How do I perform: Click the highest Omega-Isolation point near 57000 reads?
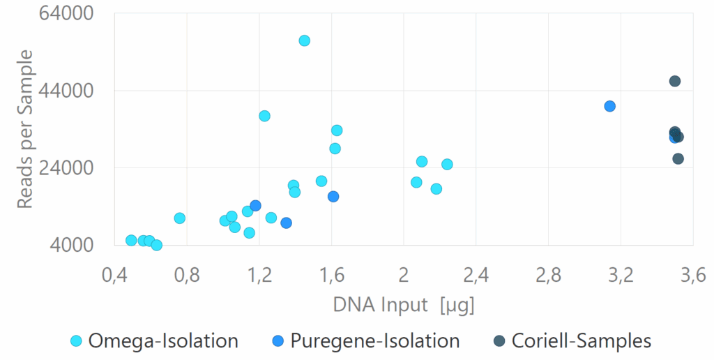[x=304, y=40]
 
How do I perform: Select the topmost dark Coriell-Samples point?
[x=675, y=81]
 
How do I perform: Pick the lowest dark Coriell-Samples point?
[x=678, y=159]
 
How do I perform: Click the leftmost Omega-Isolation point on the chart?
[x=131, y=241]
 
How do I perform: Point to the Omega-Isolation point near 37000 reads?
[x=264, y=116]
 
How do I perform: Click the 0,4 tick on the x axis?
[x=114, y=275]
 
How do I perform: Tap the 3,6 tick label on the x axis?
[x=692, y=275]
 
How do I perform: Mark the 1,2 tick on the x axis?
[x=259, y=275]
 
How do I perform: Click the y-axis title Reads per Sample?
[x=25, y=129]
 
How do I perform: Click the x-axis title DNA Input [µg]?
[x=404, y=305]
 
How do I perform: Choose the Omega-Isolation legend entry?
[x=155, y=341]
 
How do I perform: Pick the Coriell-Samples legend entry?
[x=572, y=341]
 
